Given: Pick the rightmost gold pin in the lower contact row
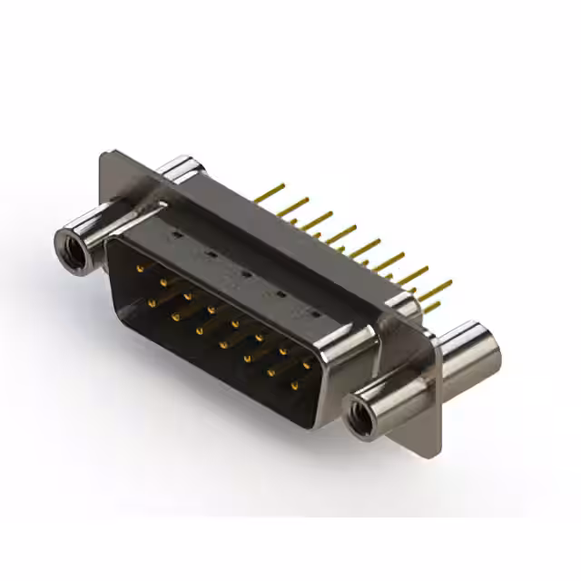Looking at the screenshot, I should pos(293,387).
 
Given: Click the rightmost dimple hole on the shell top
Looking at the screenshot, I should pos(315,313).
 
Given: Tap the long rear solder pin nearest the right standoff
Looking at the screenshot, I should pos(436,290).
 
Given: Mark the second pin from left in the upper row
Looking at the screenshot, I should pos(164,282).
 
